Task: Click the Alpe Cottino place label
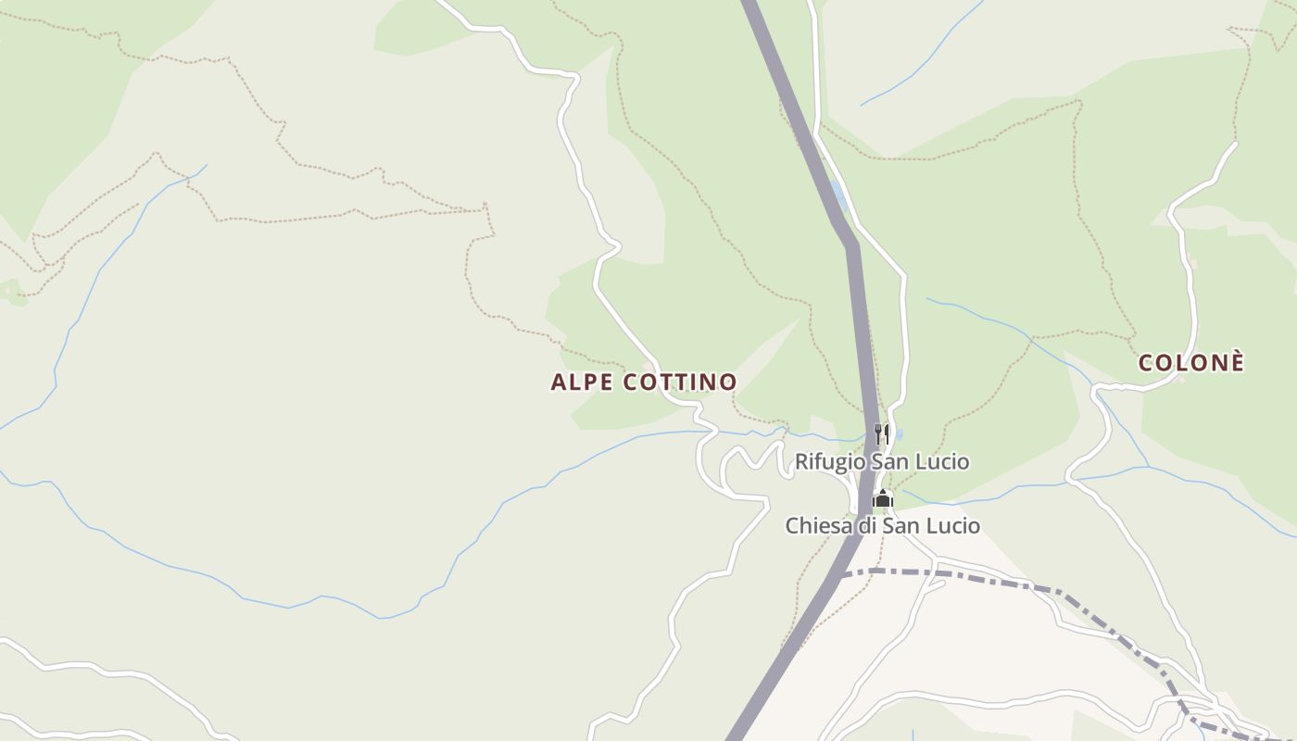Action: click(644, 382)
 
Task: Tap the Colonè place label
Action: click(1190, 363)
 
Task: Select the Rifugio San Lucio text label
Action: click(882, 461)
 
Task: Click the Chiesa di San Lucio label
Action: click(882, 526)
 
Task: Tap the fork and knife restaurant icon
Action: click(882, 433)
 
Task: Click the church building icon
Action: click(882, 499)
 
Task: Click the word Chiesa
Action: click(813, 526)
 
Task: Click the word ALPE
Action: click(574, 382)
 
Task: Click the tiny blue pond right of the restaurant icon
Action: click(898, 433)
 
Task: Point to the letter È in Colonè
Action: click(1236, 362)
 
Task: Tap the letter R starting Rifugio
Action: click(801, 461)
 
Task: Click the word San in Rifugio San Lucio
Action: click(895, 461)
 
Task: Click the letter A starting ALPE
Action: click(557, 382)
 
